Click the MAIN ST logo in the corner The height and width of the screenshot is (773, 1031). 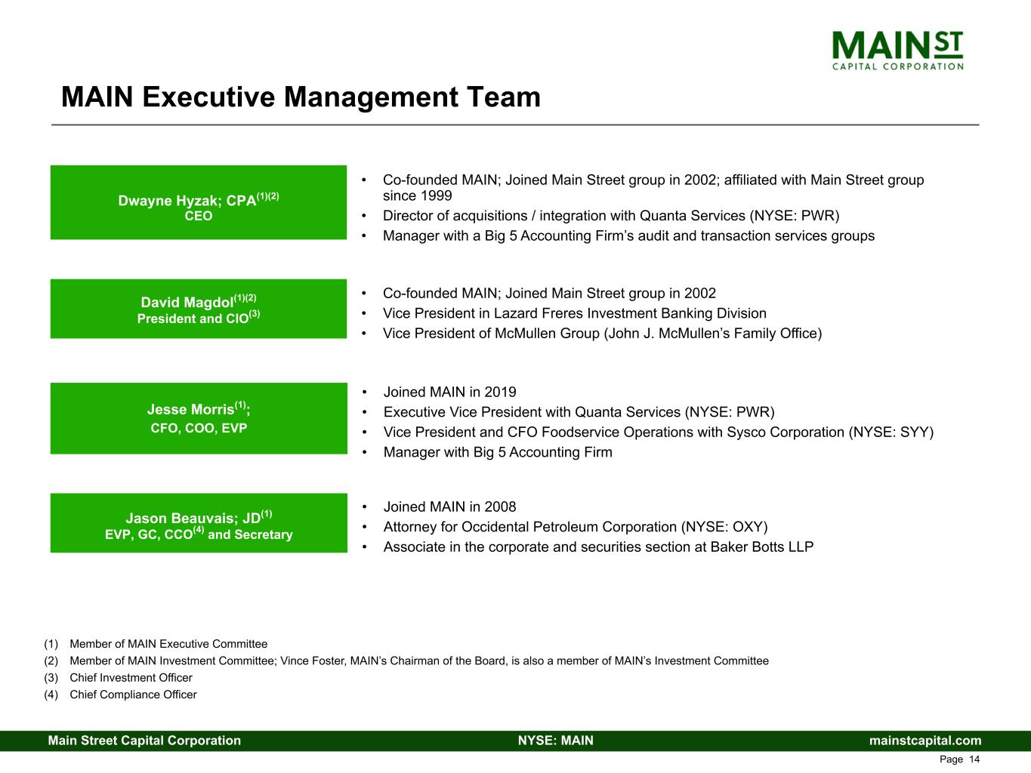click(897, 50)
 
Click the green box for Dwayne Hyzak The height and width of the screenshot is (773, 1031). click(199, 202)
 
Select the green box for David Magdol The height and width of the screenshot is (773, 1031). click(199, 309)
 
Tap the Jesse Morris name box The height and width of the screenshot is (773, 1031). click(199, 418)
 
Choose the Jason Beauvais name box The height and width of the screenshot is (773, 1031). click(199, 523)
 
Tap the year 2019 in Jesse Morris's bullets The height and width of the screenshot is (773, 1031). click(500, 393)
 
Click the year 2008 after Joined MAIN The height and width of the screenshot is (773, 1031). click(500, 507)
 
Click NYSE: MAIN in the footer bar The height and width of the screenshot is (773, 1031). click(555, 741)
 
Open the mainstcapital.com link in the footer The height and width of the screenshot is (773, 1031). click(925, 741)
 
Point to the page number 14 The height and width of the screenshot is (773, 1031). click(974, 759)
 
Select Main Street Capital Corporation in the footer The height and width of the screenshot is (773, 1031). click(144, 741)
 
